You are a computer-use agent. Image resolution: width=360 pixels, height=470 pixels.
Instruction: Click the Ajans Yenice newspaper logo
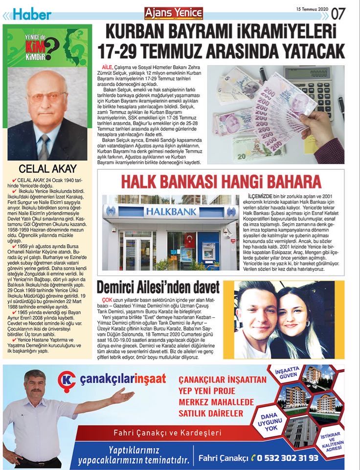pos(174,13)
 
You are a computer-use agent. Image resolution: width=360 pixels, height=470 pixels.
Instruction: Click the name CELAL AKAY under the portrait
pos(47,169)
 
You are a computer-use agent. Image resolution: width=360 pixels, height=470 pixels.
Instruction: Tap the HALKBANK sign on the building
pos(170,212)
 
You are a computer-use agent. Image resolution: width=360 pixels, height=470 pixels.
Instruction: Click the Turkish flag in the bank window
pos(189,241)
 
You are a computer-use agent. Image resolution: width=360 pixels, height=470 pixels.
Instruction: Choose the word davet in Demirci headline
pos(201,286)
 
